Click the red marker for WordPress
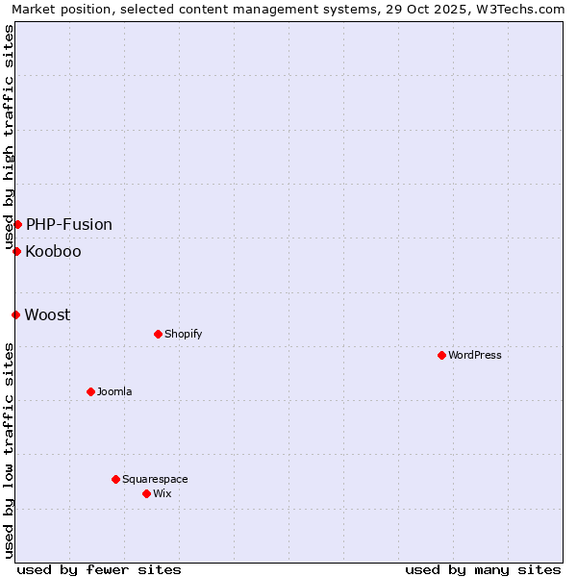coord(441,355)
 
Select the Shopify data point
coord(158,334)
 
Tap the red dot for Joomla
coord(90,391)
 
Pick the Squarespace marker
coord(115,479)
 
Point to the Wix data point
coord(146,493)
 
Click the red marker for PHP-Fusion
coord(17,224)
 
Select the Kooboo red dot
coord(16,251)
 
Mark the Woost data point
coord(15,314)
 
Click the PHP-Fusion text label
coord(69,224)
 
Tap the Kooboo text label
coord(53,252)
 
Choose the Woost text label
coord(47,314)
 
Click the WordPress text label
coord(475,355)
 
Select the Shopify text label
coord(183,334)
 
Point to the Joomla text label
coord(114,391)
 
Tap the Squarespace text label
coord(155,479)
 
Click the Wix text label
coord(163,493)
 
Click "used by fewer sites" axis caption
coord(99,569)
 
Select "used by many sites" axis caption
coord(483,569)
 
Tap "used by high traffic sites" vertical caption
coord(9,137)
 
